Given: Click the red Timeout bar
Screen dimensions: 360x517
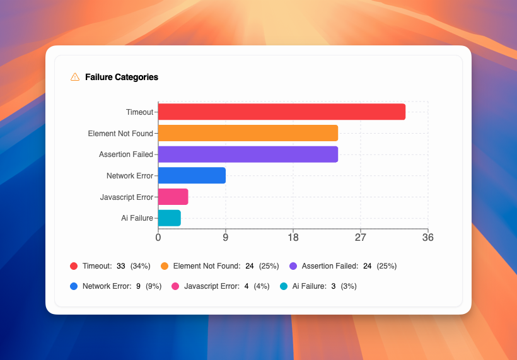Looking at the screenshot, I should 281,112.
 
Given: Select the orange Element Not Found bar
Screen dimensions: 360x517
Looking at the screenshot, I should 248,133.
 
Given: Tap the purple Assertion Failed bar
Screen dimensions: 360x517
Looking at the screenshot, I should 248,154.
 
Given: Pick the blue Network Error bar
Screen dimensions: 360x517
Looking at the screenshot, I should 192,176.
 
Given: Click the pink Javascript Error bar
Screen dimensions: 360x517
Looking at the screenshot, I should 173,197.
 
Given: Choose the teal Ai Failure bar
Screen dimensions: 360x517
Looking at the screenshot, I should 169,218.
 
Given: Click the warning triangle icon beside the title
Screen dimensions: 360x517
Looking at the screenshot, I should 75,77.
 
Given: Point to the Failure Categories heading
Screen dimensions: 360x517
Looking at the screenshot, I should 121,77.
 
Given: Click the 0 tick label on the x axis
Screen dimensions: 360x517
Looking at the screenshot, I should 158,238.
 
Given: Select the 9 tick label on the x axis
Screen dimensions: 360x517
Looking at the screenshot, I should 225,238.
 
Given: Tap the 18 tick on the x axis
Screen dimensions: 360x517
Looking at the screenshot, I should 293,238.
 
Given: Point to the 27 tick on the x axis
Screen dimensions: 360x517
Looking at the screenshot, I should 360,238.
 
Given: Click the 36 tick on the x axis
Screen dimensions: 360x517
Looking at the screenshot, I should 427,238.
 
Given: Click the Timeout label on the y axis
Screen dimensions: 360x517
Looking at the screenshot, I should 139,112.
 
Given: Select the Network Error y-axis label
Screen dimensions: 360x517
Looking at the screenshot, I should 129,176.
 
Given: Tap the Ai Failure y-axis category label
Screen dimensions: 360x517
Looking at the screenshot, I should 137,218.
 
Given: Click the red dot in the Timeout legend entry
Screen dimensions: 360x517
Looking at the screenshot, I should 74,266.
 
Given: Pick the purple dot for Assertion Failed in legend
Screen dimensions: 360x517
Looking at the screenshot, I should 293,266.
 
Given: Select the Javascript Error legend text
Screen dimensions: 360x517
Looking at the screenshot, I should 211,286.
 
